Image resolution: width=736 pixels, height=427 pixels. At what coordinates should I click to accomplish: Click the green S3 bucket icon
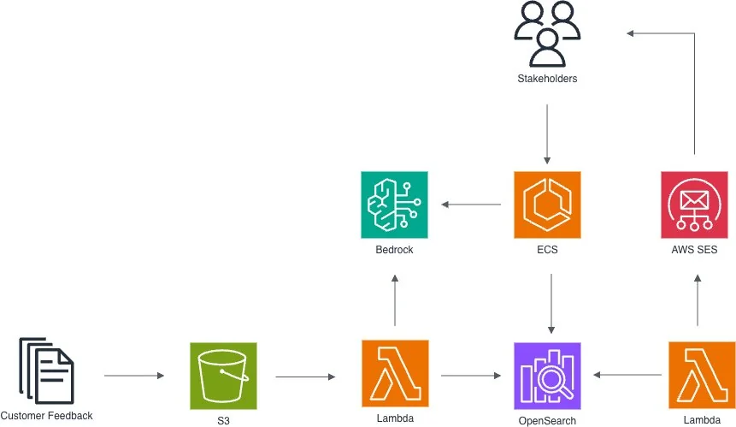(223, 376)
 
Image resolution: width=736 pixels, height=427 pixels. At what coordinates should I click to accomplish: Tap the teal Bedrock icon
(394, 205)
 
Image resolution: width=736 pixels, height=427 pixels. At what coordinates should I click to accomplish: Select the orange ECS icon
(547, 205)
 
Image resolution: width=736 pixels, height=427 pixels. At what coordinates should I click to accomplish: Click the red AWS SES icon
(694, 205)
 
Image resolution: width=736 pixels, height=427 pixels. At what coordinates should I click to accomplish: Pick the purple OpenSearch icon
(547, 376)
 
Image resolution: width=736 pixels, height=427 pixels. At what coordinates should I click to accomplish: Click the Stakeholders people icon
(547, 34)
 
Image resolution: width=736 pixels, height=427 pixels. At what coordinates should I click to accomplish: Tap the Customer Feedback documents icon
(46, 371)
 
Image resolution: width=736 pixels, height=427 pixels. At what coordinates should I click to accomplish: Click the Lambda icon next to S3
(395, 373)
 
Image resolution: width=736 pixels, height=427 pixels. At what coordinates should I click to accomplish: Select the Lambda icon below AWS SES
(702, 375)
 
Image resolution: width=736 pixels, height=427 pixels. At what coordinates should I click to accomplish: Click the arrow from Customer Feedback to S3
(134, 376)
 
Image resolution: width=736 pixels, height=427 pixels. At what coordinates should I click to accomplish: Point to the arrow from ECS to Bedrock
(471, 205)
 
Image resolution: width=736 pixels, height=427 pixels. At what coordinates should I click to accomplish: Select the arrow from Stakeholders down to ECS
(547, 133)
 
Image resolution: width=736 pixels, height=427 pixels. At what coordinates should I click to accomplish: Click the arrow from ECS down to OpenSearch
(551, 304)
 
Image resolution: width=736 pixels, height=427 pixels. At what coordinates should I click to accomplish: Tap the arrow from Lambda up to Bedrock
(395, 300)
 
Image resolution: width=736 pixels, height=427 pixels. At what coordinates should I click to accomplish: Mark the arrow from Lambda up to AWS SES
(698, 300)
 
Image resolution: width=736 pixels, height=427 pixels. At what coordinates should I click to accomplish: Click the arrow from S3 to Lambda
(305, 377)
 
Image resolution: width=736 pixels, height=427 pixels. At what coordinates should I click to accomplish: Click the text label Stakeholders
(547, 79)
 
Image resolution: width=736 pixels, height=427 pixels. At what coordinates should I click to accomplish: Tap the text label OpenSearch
(547, 420)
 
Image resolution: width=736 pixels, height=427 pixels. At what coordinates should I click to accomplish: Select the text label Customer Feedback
(46, 416)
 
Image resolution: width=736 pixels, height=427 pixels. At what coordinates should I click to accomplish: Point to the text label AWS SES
(694, 249)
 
